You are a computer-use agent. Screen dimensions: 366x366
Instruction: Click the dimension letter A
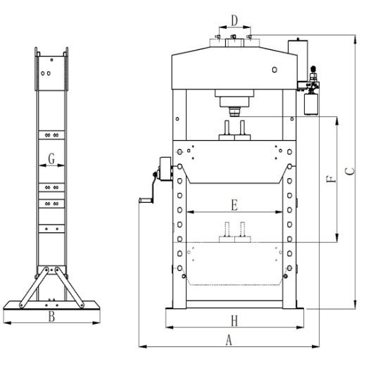point(229,340)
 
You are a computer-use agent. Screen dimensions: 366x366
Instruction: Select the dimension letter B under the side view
point(51,316)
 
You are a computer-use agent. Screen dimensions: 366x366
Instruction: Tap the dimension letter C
point(350,171)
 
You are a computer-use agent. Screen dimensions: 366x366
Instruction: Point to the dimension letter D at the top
point(234,20)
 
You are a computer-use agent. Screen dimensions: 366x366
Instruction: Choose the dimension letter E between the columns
point(234,205)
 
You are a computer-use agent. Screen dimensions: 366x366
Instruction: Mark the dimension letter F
point(332,179)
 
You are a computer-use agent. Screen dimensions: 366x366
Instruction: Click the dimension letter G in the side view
point(51,158)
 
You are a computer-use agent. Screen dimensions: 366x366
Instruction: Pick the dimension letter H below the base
point(234,321)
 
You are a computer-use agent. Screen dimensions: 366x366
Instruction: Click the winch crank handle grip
point(146,201)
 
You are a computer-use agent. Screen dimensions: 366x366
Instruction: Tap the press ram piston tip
point(234,112)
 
